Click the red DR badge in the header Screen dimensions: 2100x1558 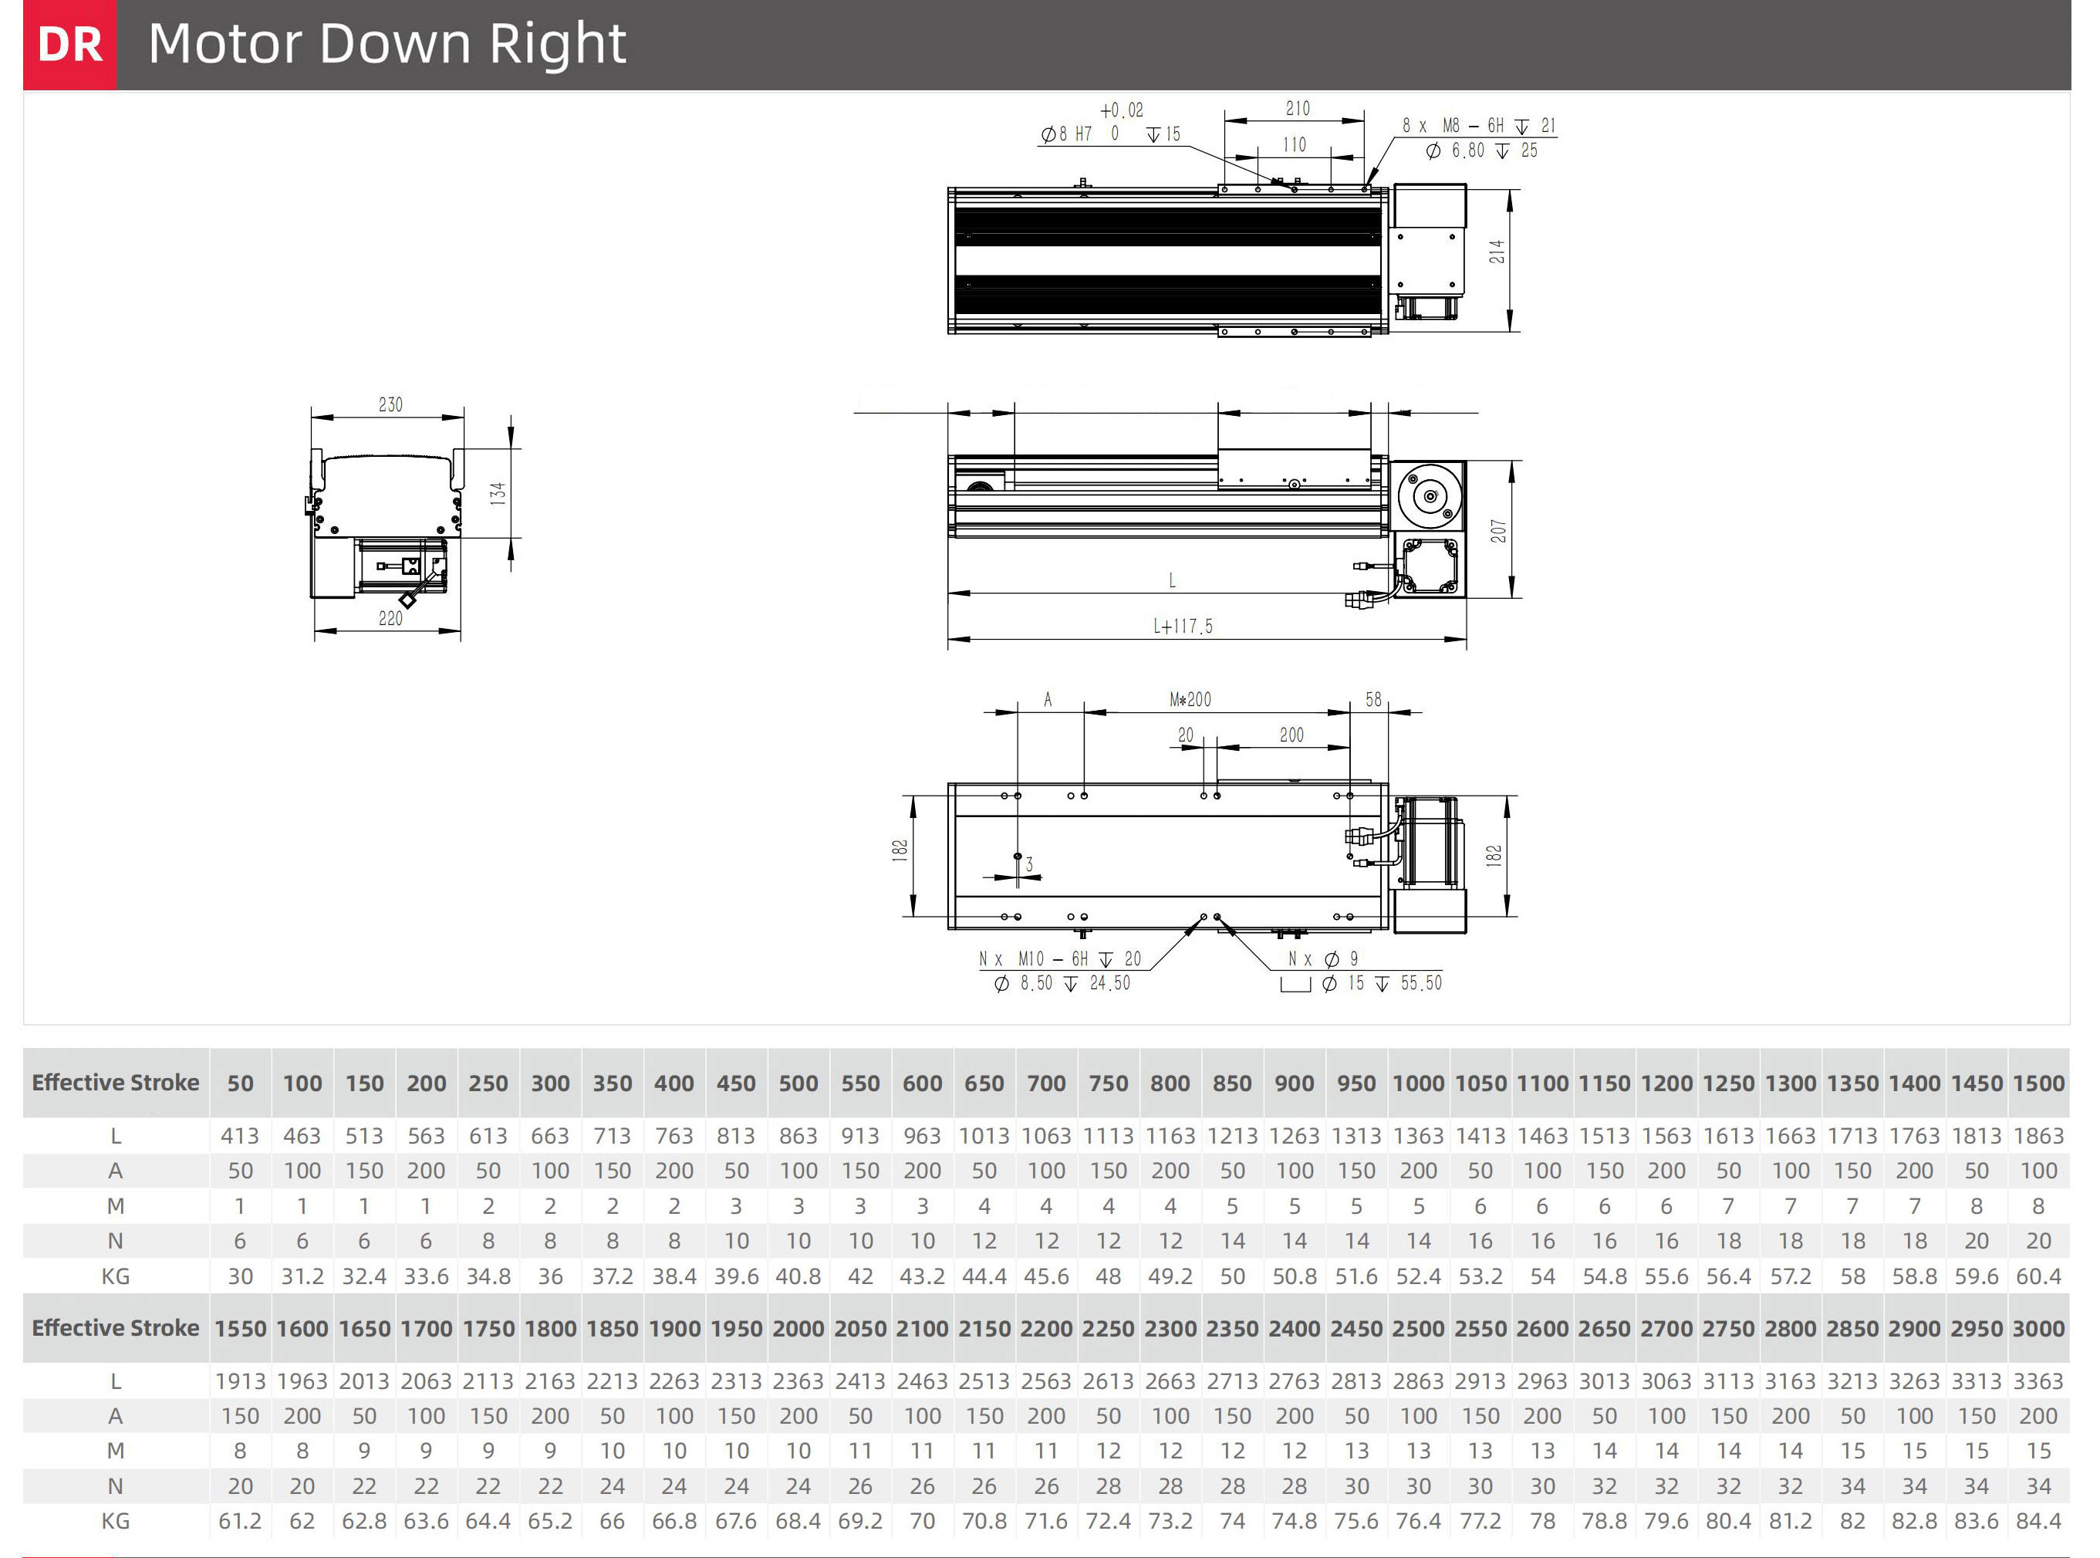point(69,44)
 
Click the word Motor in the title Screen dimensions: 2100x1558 point(225,43)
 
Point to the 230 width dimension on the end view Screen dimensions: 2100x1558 point(390,404)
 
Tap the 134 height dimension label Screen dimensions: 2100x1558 point(498,492)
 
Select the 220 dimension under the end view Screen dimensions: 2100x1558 point(390,619)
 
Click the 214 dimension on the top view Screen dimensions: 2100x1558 point(1497,251)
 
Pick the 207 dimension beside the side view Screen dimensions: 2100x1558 point(1498,531)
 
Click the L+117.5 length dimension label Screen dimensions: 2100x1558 point(1183,627)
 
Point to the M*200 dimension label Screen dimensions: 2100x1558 point(1190,700)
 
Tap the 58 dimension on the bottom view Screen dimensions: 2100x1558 point(1374,700)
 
